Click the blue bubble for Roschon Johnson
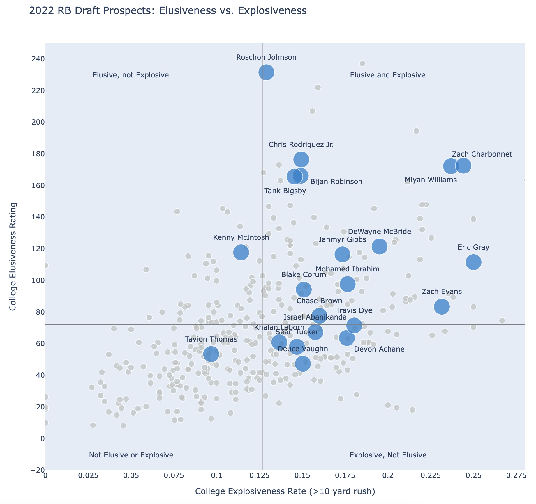[x=266, y=72]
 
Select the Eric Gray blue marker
[x=473, y=262]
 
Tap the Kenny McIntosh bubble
[x=241, y=252]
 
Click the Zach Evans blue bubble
[x=442, y=306]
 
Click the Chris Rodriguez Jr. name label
[x=301, y=145]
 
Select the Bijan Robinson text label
[x=336, y=182]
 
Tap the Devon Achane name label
[x=379, y=349]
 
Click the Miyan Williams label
[x=431, y=180]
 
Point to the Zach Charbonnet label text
[x=482, y=154]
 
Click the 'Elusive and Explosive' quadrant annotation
[x=387, y=75]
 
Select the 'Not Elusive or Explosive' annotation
[x=131, y=455]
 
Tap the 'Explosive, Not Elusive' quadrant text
[x=388, y=455]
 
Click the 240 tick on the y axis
[x=37, y=59]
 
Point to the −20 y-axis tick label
[x=36, y=470]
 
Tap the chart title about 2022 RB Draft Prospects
[x=168, y=11]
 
